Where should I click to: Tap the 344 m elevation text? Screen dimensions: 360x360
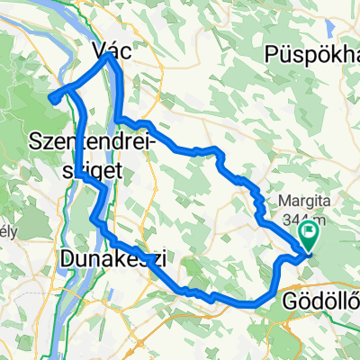[x=312, y=220]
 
